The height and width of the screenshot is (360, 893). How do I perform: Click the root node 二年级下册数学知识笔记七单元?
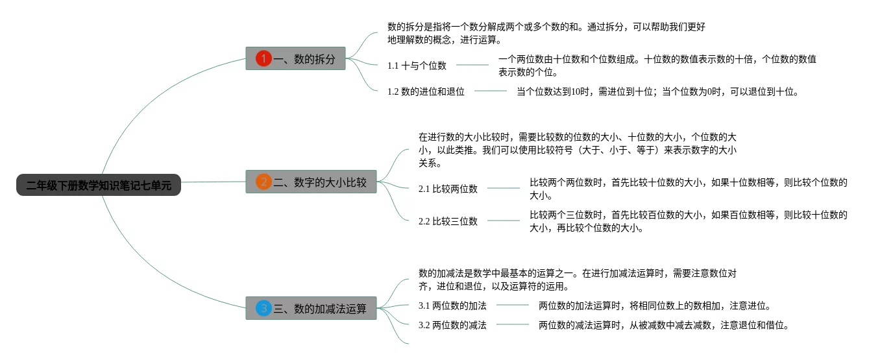point(99,186)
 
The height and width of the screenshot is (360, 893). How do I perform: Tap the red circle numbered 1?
point(263,59)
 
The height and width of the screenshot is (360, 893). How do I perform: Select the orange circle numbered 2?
point(263,182)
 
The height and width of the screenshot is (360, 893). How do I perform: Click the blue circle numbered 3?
point(263,309)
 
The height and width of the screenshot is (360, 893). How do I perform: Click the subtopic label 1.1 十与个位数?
point(417,66)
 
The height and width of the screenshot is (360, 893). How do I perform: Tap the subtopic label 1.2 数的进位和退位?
point(426,91)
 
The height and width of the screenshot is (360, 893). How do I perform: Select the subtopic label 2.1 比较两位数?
point(448,189)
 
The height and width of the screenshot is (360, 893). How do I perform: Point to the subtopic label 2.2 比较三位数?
point(448,221)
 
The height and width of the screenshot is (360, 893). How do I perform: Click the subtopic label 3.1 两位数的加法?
point(452,306)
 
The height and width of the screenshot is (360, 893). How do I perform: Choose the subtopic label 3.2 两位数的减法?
point(452,325)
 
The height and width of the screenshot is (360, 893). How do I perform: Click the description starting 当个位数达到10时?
point(657,91)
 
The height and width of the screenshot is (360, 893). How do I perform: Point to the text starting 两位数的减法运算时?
point(663,325)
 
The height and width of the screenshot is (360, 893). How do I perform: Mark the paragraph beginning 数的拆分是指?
point(546,33)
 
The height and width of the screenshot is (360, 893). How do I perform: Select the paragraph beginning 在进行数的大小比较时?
point(577,150)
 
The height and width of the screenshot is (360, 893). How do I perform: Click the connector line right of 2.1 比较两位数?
point(504,188)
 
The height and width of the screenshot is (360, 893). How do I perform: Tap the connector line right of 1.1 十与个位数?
point(472,65)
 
